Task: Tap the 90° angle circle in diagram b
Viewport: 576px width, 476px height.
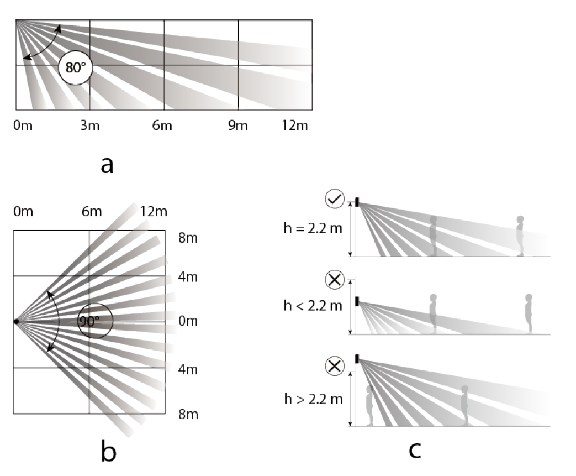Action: tap(95, 321)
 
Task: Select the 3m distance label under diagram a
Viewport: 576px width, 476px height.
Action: tap(89, 125)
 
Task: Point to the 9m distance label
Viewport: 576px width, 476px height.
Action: tap(238, 125)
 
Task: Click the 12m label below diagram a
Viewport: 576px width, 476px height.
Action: tap(294, 125)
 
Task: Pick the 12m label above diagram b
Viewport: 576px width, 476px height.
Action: tap(154, 212)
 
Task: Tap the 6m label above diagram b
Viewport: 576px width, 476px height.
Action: tap(92, 212)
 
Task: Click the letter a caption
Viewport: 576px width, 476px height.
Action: tap(107, 164)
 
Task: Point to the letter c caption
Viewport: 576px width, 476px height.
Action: tap(414, 449)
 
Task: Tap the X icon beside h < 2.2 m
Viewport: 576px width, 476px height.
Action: tap(335, 281)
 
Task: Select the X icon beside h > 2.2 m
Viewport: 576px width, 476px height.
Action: tap(335, 365)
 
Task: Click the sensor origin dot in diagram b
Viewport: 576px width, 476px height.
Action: tap(17, 321)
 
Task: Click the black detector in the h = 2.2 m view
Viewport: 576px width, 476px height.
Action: tap(357, 202)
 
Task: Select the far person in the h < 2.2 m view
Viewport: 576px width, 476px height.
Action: tap(529, 313)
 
